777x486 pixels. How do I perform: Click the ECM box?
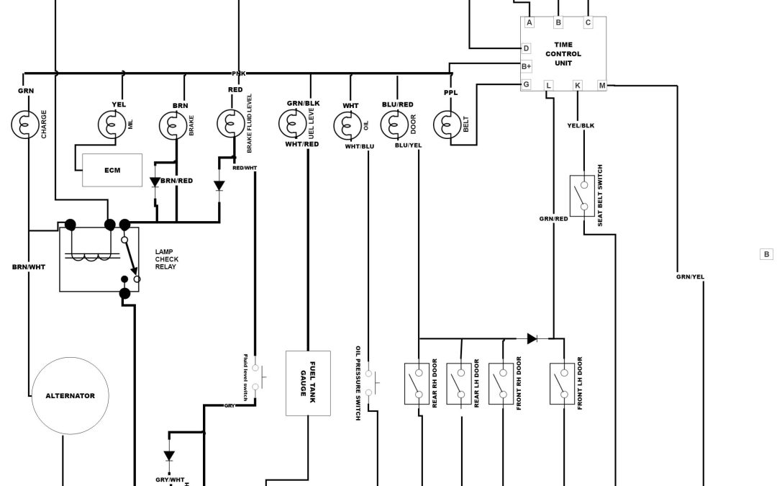(x=112, y=170)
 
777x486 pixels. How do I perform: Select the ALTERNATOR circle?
(x=70, y=395)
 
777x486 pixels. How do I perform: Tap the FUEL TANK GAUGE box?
(x=308, y=383)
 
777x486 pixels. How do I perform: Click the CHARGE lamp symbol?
(x=24, y=125)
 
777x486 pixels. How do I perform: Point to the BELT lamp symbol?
(x=447, y=125)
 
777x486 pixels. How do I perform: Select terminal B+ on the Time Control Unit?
(x=526, y=66)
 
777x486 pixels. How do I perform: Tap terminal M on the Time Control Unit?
(x=602, y=86)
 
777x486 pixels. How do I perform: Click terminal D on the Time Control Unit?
(x=526, y=48)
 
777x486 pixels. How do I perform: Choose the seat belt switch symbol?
(x=582, y=195)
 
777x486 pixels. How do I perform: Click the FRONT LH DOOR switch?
(x=563, y=382)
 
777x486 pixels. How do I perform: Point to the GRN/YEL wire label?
(x=690, y=276)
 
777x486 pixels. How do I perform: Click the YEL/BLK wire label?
(x=581, y=125)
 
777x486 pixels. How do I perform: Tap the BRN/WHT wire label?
(x=29, y=267)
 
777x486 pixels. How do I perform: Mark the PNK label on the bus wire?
(x=239, y=73)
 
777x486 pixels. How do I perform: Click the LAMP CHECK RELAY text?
(x=167, y=259)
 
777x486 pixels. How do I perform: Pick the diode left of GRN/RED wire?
(x=532, y=338)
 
